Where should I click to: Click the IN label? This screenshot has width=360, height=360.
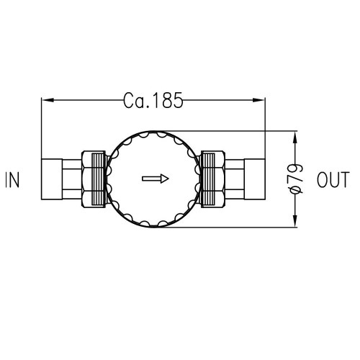click(13, 180)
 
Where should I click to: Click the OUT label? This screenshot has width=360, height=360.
click(333, 180)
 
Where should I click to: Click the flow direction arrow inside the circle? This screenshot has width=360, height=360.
click(155, 179)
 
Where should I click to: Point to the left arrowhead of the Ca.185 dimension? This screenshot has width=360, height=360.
click(45, 100)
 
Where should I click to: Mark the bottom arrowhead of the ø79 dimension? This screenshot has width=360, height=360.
click(296, 224)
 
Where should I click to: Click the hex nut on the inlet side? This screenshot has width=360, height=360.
click(94, 180)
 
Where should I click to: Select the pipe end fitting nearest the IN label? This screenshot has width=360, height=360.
click(53, 180)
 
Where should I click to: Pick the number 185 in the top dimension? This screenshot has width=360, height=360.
click(166, 100)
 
